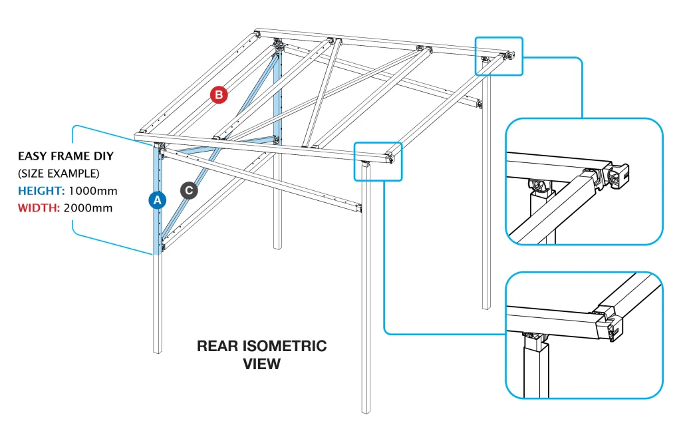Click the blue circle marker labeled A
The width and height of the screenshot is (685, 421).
(x=157, y=200)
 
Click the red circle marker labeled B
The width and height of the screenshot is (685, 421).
(x=219, y=95)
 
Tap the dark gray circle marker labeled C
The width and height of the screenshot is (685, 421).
(x=189, y=190)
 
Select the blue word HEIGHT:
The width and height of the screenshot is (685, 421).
(x=41, y=191)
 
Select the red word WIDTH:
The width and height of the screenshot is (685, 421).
(x=39, y=208)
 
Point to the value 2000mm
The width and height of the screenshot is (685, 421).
(x=88, y=208)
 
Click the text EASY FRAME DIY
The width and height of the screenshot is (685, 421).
(x=65, y=156)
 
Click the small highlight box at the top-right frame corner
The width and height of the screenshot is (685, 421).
(x=499, y=55)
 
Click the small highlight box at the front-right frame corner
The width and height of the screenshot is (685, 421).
(x=378, y=160)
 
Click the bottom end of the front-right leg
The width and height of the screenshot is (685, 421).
(x=366, y=410)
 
